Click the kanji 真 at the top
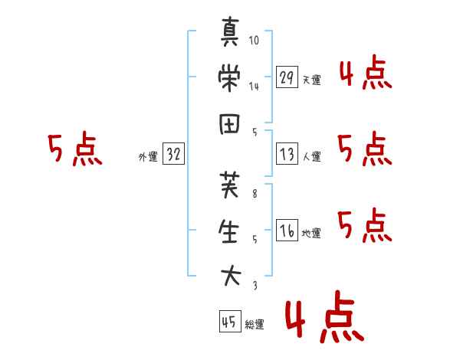pyautogui.click(x=230, y=31)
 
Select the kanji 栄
pyautogui.click(x=229, y=78)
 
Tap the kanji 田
pyautogui.click(x=229, y=124)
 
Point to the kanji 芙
pyautogui.click(x=229, y=185)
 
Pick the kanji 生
pyautogui.click(x=229, y=231)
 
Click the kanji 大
pyautogui.click(x=231, y=276)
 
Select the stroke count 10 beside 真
pyautogui.click(x=254, y=40)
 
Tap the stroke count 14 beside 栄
pyautogui.click(x=254, y=87)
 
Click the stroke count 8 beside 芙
pyautogui.click(x=255, y=194)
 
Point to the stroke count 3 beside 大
pyautogui.click(x=255, y=286)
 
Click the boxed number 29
pyautogui.click(x=287, y=77)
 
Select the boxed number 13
pyautogui.click(x=287, y=154)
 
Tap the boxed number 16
pyautogui.click(x=287, y=230)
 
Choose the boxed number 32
pyautogui.click(x=173, y=153)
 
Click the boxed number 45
pyautogui.click(x=230, y=321)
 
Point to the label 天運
pyautogui.click(x=312, y=80)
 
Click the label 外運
pyautogui.click(x=148, y=157)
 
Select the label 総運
pyautogui.click(x=255, y=325)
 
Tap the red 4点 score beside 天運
pyautogui.click(x=366, y=73)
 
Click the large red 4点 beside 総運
pyautogui.click(x=325, y=316)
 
